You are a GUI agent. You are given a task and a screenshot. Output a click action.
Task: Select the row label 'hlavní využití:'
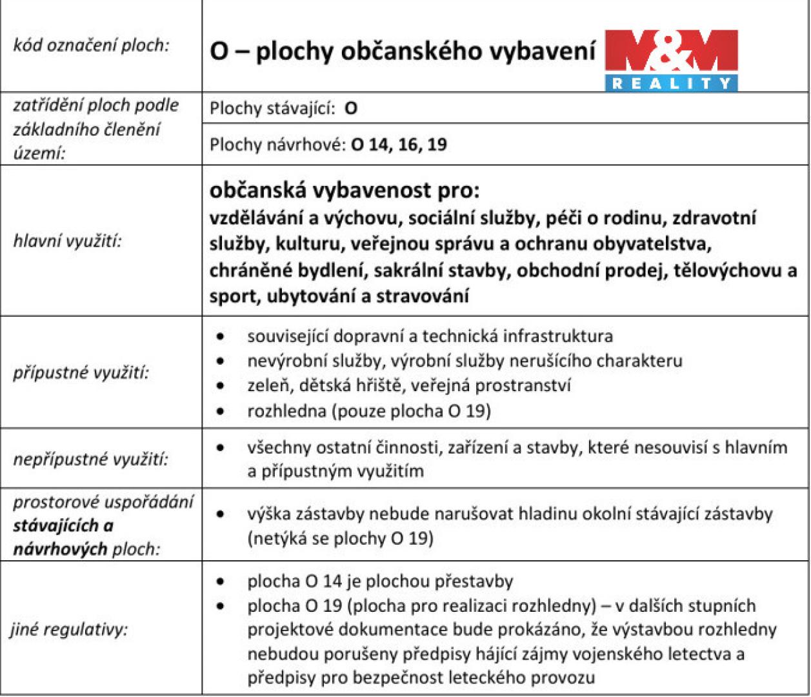coord(68,242)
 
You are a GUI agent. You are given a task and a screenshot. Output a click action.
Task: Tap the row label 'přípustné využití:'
coord(81,373)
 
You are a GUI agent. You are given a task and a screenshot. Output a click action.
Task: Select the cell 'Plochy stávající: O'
coord(283,108)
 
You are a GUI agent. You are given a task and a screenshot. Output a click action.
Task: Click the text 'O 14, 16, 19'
coord(399,143)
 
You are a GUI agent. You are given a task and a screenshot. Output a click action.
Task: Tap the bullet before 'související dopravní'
coord(221,336)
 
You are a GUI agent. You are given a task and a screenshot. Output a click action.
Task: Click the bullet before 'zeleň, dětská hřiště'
coord(221,386)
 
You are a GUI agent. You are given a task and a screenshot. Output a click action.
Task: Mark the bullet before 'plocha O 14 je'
coord(221,581)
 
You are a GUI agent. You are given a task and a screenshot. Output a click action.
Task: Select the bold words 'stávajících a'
coord(63,525)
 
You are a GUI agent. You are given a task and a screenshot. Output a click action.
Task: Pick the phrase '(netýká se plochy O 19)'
coord(340,538)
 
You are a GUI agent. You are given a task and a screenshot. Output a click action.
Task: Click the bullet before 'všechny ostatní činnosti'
coord(221,447)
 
